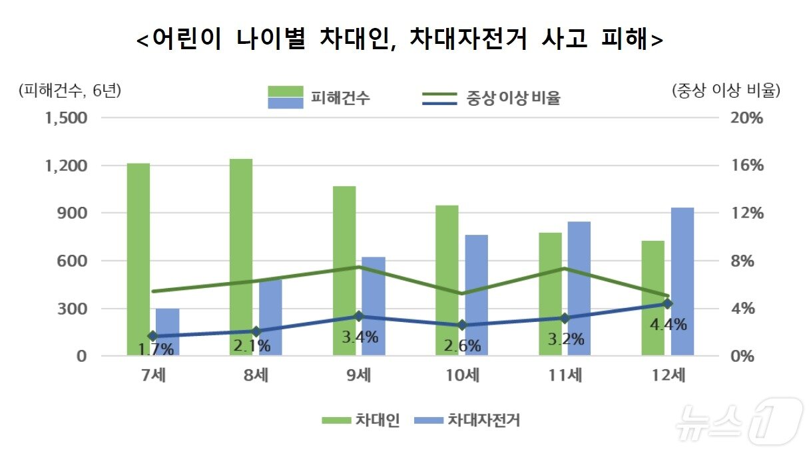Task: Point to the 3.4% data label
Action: click(360, 337)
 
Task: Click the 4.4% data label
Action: click(668, 325)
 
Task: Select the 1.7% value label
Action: click(154, 348)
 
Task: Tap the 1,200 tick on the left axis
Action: click(65, 166)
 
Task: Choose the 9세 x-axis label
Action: click(359, 375)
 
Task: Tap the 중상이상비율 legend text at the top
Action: click(513, 99)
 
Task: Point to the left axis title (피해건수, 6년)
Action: click(71, 90)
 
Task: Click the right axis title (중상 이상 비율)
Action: click(726, 90)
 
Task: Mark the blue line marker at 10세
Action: click(462, 325)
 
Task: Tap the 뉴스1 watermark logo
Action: click(738, 421)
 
